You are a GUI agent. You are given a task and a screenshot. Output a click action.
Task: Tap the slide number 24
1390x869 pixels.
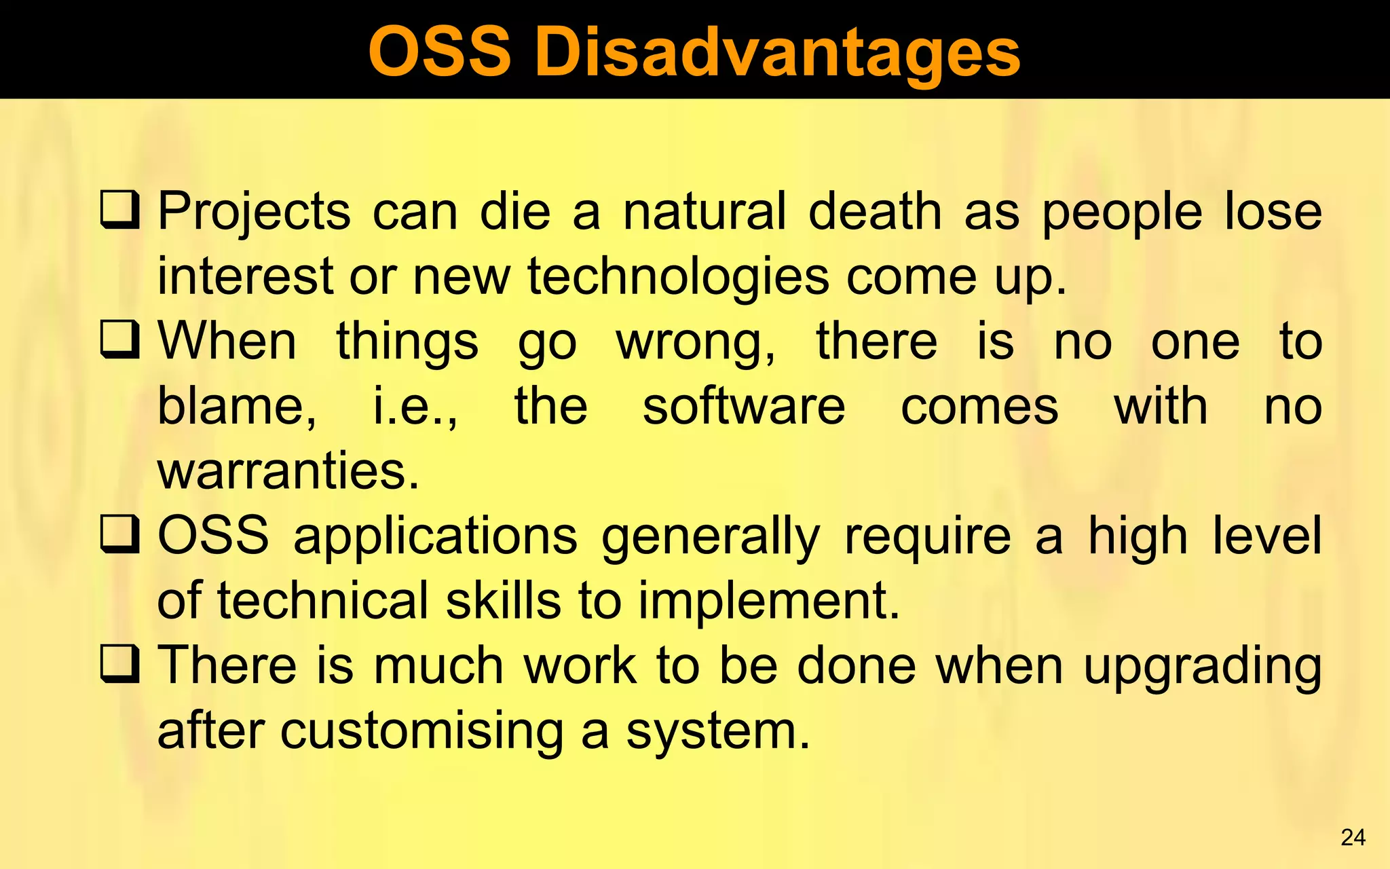coord(1353,837)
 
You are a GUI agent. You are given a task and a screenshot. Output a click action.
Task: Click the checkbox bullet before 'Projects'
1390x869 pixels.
coord(120,210)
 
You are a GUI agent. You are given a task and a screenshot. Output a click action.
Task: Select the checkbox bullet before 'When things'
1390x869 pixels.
coord(120,339)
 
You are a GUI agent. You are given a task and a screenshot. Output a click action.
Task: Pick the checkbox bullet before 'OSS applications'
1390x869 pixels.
coord(120,534)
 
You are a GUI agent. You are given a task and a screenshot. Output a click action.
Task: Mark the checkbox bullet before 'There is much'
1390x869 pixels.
coord(120,664)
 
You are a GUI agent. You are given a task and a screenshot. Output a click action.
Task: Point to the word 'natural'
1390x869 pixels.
coord(705,212)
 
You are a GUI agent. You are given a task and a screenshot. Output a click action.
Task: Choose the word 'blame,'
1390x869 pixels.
coord(237,407)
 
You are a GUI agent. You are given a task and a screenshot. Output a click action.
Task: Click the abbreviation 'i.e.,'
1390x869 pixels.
coord(415,407)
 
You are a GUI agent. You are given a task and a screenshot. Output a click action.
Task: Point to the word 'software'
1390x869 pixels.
coord(744,406)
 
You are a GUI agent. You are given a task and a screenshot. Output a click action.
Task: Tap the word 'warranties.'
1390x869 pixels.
coord(288,470)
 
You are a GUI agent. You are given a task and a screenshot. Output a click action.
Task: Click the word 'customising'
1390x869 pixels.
coord(421,732)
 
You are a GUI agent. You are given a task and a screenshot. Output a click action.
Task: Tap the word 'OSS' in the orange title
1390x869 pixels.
coord(439,53)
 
